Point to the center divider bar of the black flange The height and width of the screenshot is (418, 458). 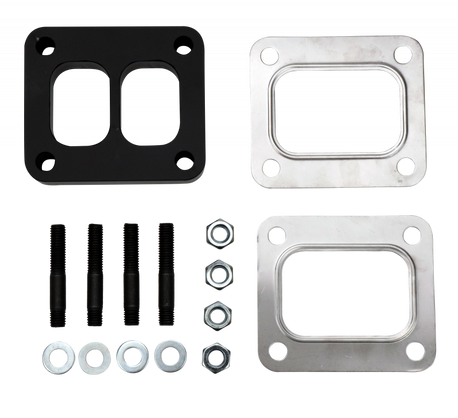pos(118,103)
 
